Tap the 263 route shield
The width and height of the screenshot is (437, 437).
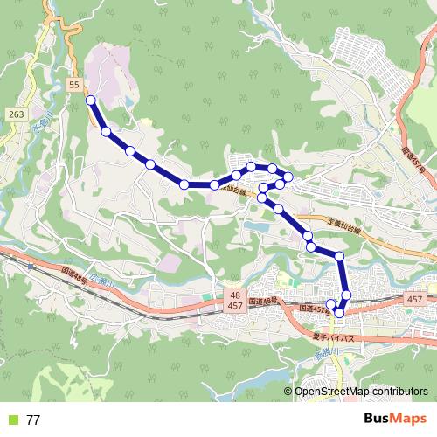point(16,114)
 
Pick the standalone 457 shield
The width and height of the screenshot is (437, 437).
point(415,300)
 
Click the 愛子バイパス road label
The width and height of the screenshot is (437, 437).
point(332,336)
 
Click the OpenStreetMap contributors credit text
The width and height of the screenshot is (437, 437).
point(361,392)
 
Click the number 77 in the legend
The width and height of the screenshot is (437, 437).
point(33,420)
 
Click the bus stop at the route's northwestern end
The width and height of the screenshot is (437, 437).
point(91,101)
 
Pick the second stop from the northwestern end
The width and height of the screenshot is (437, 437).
point(107,132)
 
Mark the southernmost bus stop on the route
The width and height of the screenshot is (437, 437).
point(339,312)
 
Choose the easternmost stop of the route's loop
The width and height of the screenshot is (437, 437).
point(288,182)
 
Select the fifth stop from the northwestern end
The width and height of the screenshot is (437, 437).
point(184,184)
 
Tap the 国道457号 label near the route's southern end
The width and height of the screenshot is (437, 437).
point(316,309)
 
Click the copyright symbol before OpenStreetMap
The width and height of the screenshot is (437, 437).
point(288,392)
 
